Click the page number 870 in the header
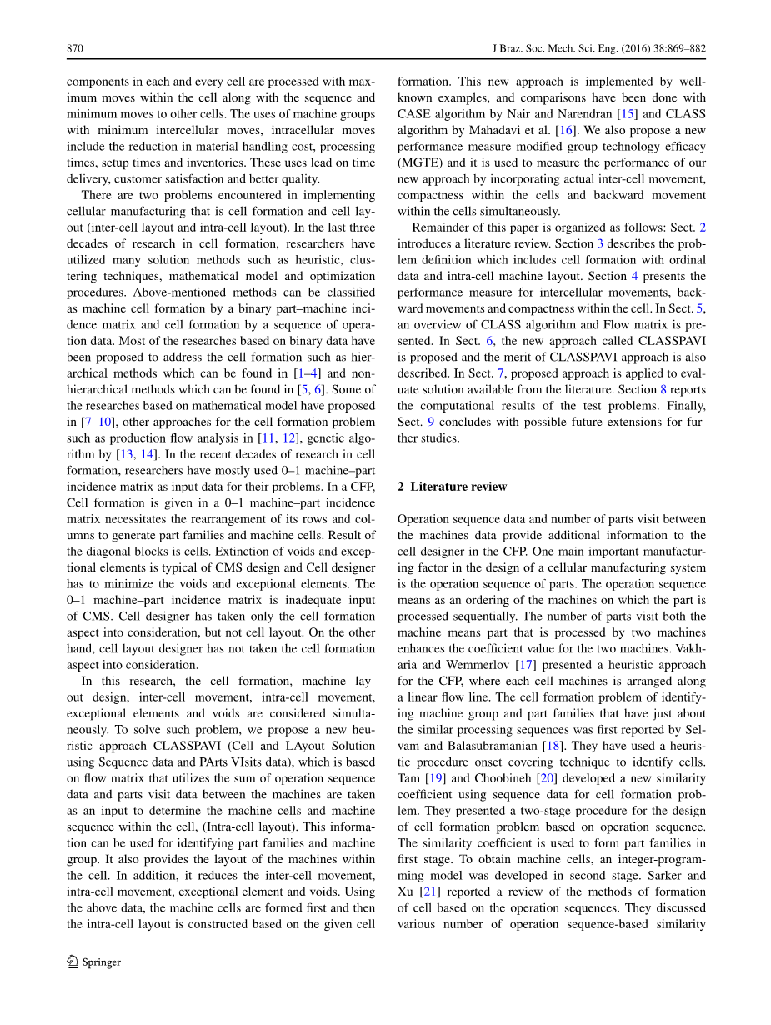click(74, 49)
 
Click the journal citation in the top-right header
click(598, 49)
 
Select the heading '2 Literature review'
click(452, 487)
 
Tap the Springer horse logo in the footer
click(72, 962)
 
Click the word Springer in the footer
click(101, 962)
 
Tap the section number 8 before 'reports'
click(663, 389)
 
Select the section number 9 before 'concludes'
click(431, 422)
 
